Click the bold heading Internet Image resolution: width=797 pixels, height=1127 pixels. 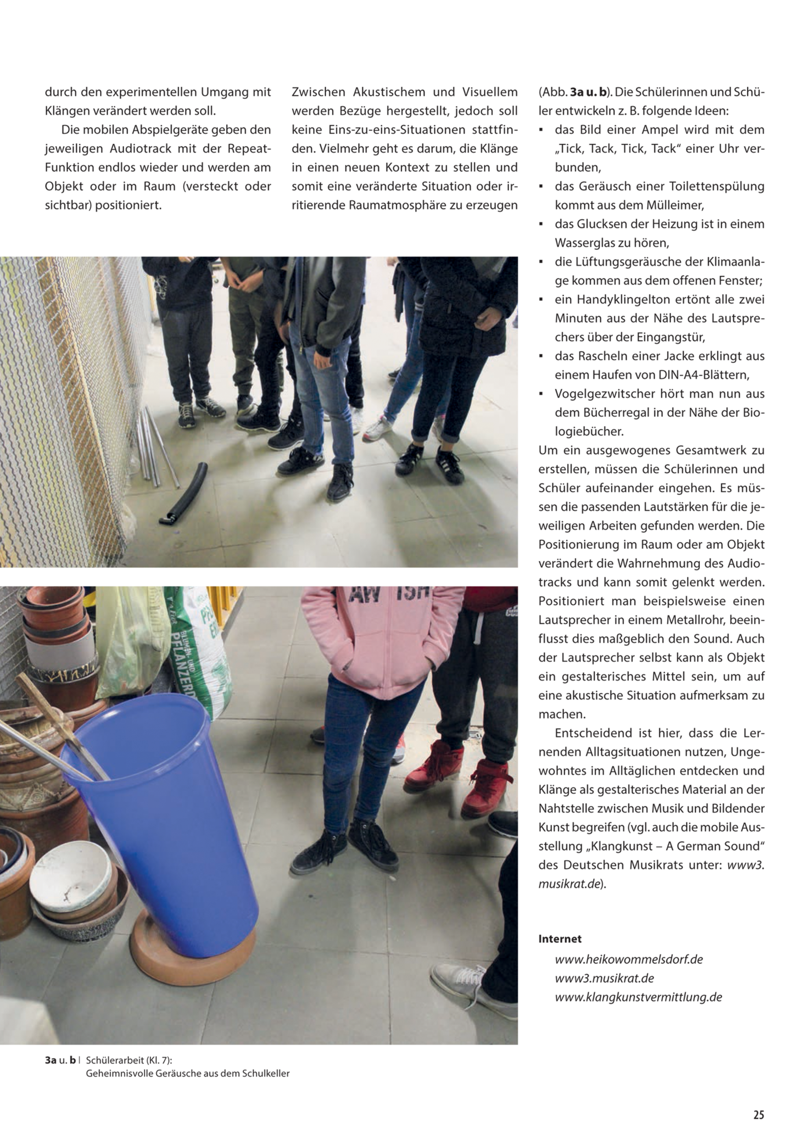560,939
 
